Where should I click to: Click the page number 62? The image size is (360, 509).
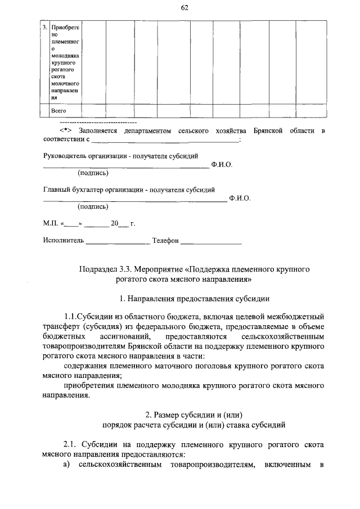184,7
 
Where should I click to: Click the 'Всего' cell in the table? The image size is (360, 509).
58,111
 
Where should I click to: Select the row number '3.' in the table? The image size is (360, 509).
45,28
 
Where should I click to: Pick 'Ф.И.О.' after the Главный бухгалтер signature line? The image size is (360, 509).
240,198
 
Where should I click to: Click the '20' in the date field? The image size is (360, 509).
114,223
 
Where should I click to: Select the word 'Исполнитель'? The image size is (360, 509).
64,240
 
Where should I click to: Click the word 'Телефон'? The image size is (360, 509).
165,240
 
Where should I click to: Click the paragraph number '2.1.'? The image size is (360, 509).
71,444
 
